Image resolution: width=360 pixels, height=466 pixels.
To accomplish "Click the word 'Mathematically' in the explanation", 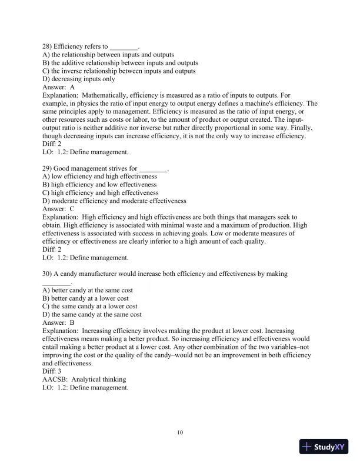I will point(105,95).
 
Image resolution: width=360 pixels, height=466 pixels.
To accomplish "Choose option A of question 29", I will point(100,177).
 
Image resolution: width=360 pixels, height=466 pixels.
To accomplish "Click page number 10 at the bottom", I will point(180,434).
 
